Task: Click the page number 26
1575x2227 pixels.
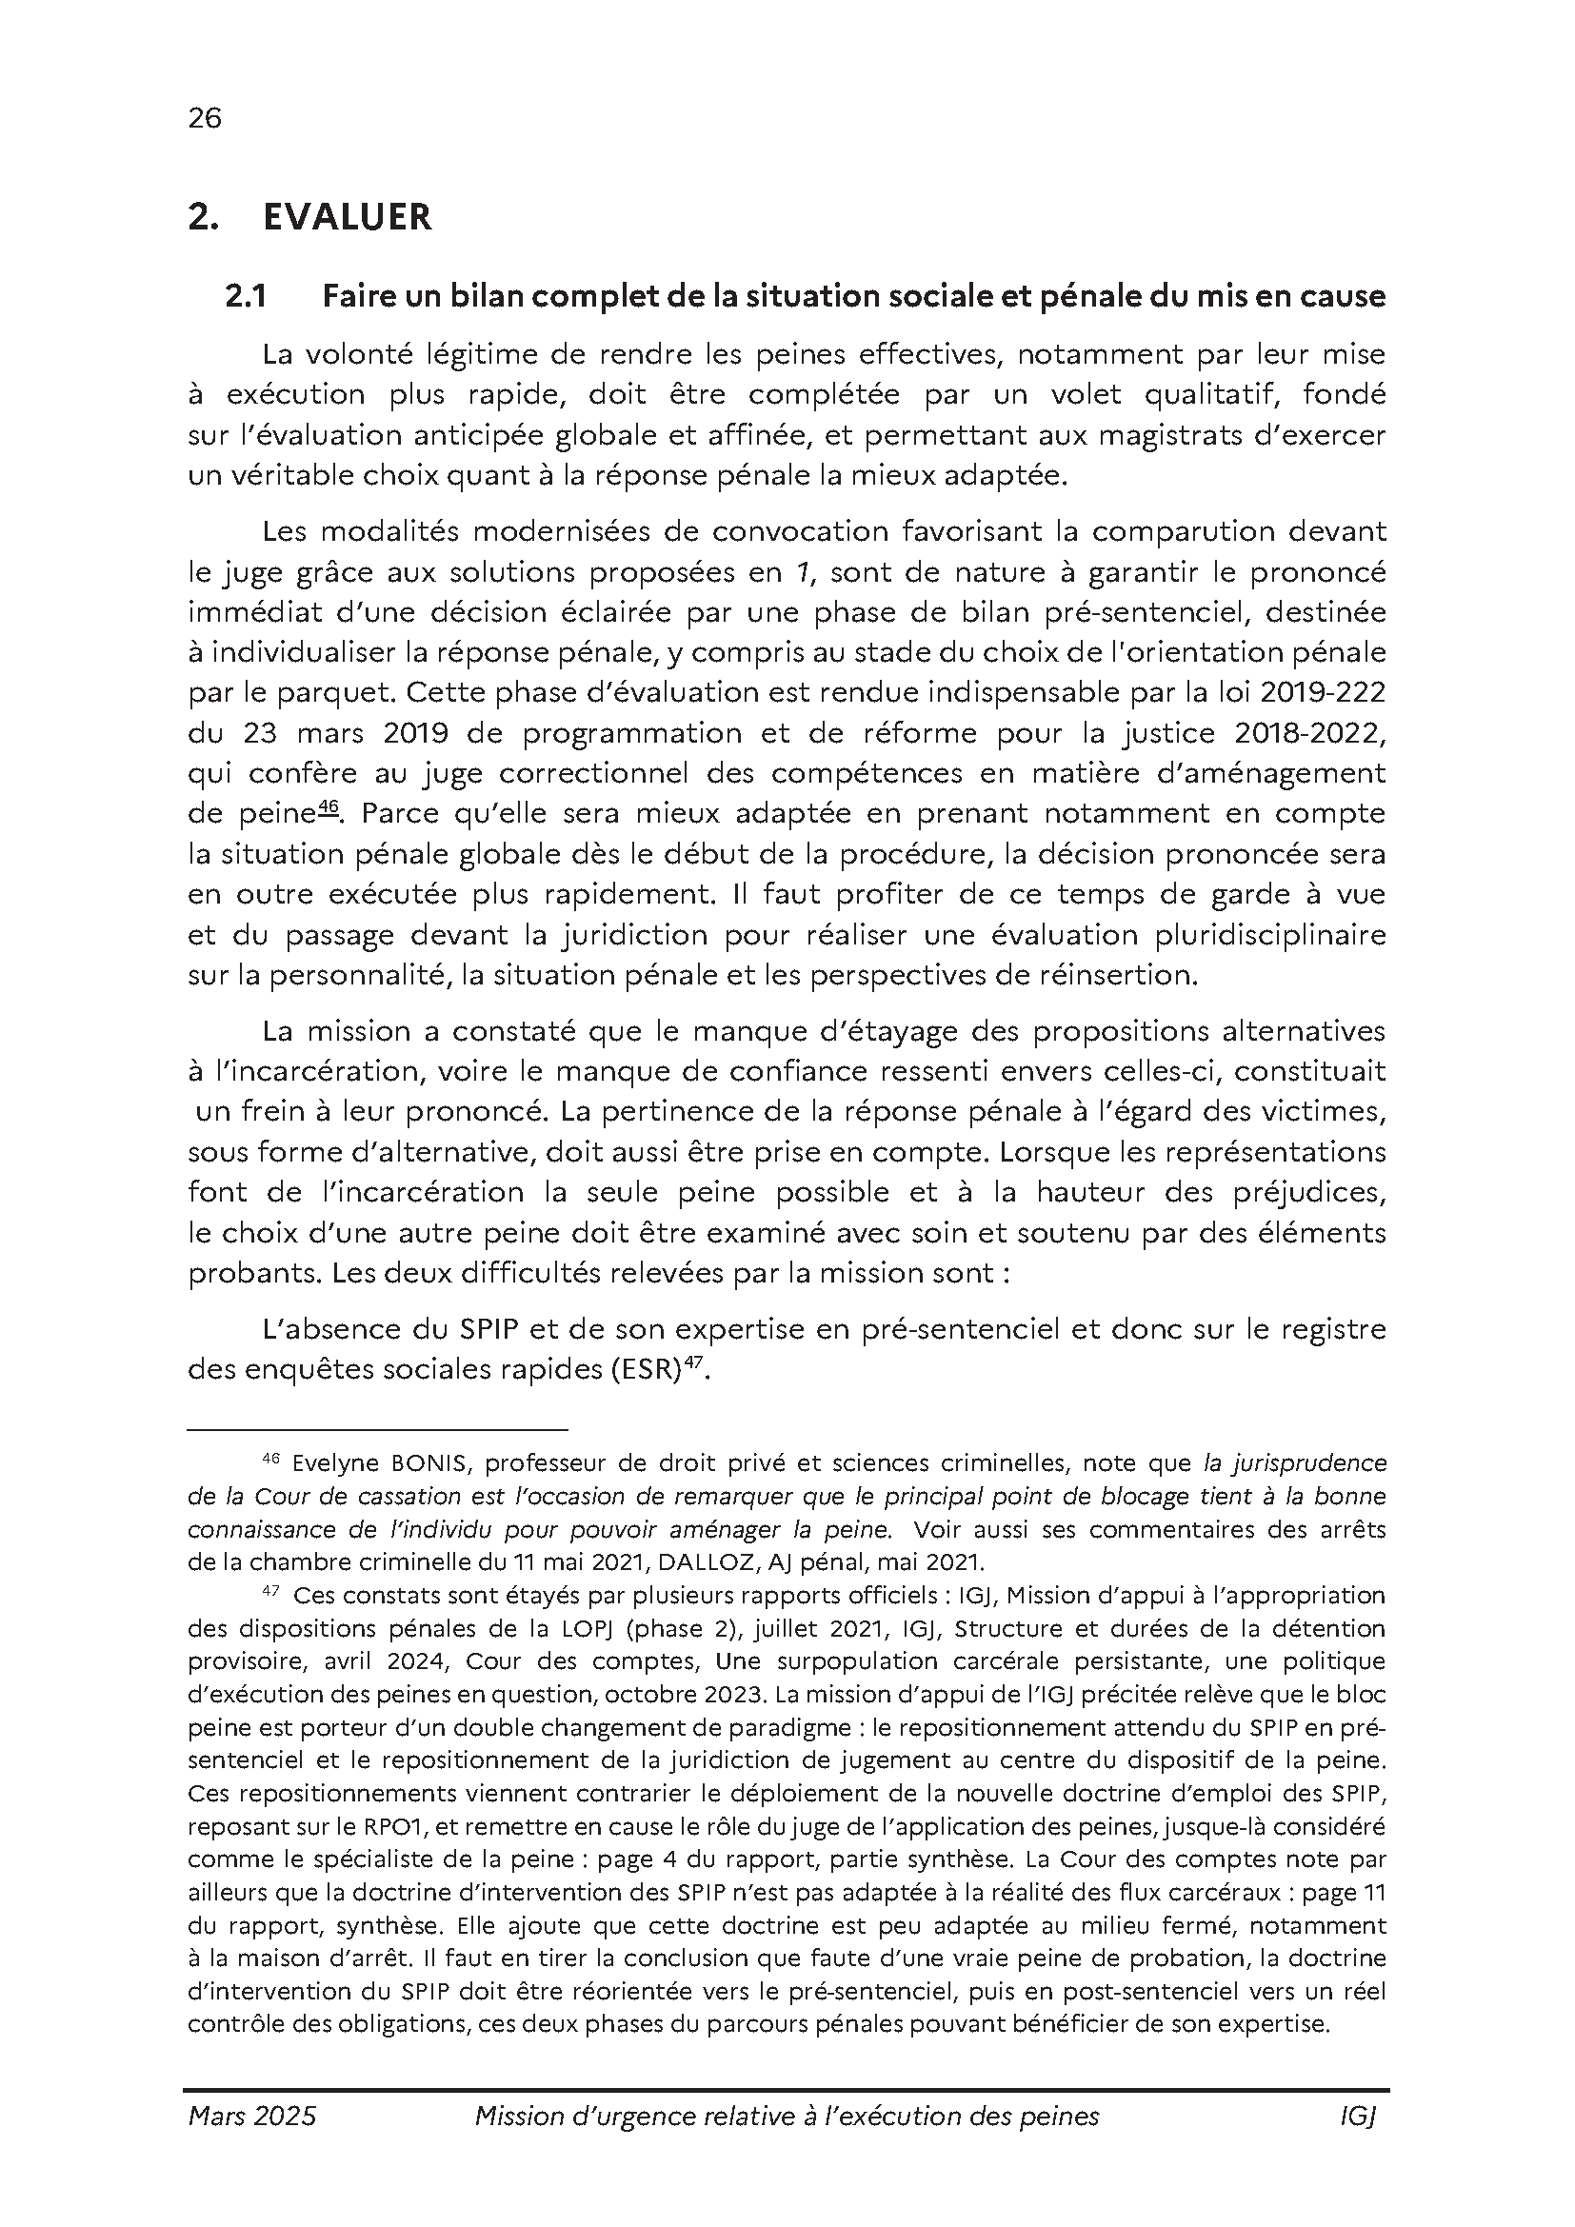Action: (x=205, y=118)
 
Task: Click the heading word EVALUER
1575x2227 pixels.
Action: (x=348, y=217)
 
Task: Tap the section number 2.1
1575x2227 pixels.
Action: (x=246, y=296)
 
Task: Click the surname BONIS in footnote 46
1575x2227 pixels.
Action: (x=427, y=1462)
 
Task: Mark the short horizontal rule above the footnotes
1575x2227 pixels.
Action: (x=377, y=1430)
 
